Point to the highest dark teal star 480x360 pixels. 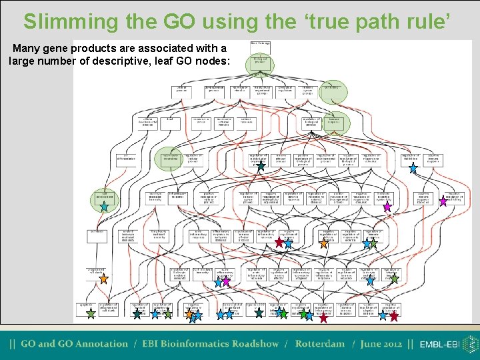pyautogui.click(x=261, y=167)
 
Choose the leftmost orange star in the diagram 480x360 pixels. pyautogui.click(x=189, y=313)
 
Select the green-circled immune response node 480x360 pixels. pyautogui.click(x=333, y=122)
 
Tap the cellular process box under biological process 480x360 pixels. pyautogui.click(x=181, y=90)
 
